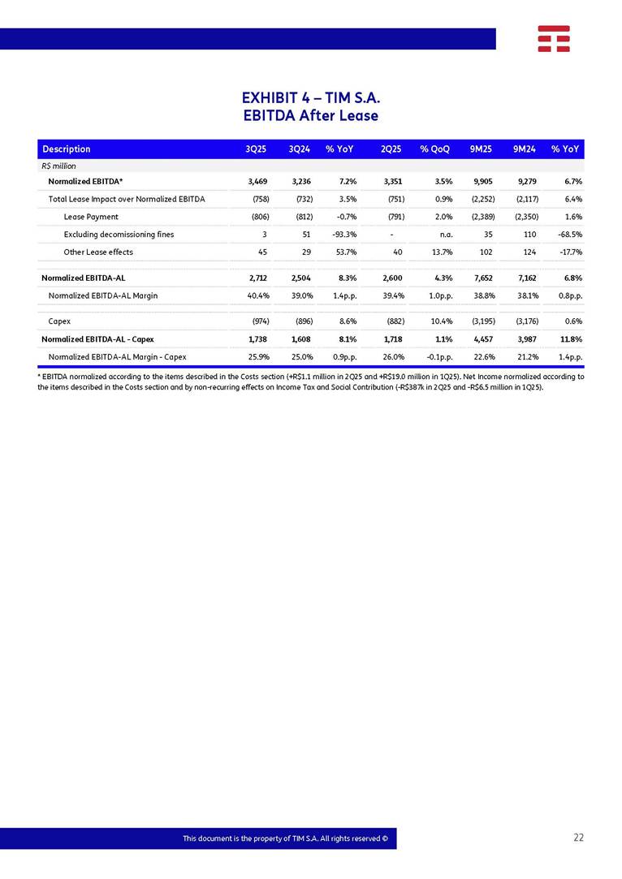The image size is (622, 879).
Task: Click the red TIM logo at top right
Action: (x=553, y=38)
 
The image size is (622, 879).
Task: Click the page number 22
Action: (x=578, y=838)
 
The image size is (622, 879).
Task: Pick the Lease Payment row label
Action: (x=91, y=217)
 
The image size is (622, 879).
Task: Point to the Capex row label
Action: (x=59, y=321)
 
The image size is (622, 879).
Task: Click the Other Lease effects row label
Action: (x=98, y=252)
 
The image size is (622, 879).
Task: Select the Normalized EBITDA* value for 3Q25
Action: (x=257, y=181)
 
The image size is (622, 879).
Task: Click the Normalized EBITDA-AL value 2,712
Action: (x=257, y=278)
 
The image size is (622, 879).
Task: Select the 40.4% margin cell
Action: (x=257, y=295)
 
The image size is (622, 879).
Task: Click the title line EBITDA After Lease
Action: (x=311, y=116)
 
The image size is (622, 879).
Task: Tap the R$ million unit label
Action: (x=58, y=166)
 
